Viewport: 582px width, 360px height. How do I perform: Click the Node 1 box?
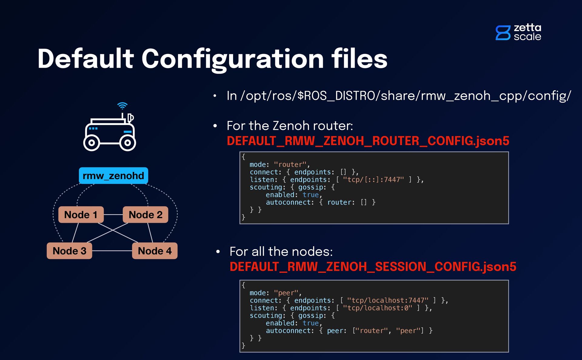[x=81, y=215]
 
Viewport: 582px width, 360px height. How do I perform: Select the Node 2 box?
[x=145, y=215]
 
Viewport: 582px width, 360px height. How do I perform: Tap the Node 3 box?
[x=69, y=251]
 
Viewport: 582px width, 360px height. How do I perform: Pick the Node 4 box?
[x=155, y=251]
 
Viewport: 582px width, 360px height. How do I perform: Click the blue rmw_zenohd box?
[x=113, y=176]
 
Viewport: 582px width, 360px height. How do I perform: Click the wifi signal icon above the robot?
[x=122, y=106]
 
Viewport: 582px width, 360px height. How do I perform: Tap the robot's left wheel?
[x=92, y=143]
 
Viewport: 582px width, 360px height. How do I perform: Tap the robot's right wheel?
[x=128, y=143]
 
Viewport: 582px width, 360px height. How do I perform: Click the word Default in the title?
[x=85, y=59]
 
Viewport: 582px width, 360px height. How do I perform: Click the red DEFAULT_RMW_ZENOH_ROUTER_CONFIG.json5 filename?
[x=368, y=141]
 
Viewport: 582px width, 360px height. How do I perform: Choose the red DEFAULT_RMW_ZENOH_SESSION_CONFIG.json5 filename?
[x=373, y=267]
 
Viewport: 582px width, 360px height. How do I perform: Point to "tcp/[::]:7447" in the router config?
[x=373, y=180]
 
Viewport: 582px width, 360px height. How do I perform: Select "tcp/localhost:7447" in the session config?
[x=388, y=300]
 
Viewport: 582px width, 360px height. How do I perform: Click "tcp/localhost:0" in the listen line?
[x=377, y=308]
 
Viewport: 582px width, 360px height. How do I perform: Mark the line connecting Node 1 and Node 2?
[x=113, y=215]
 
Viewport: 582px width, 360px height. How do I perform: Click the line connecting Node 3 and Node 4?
[x=112, y=251]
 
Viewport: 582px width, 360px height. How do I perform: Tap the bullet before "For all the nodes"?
[x=218, y=252]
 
